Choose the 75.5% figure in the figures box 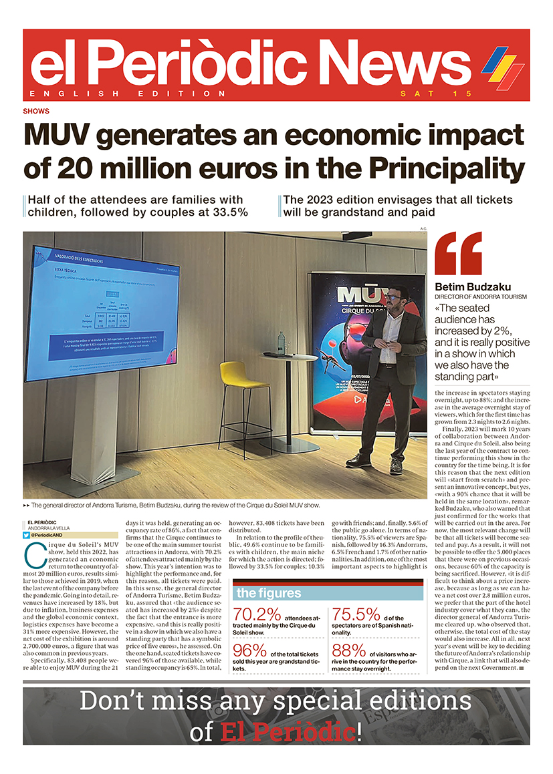click(355, 615)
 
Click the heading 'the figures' click(269, 593)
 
